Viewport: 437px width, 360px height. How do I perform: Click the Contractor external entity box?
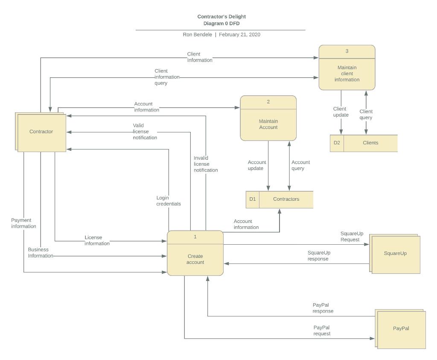[41, 132]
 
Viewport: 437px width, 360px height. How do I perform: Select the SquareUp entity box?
[396, 254]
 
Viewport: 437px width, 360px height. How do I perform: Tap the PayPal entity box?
[401, 329]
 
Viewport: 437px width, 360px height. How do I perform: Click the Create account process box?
[195, 259]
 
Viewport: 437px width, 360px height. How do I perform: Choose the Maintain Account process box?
[268, 124]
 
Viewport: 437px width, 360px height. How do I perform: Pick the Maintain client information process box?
[347, 73]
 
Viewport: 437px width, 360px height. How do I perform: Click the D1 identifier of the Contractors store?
[253, 199]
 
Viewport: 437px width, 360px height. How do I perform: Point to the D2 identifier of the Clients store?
[337, 143]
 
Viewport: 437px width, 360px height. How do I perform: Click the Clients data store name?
[370, 143]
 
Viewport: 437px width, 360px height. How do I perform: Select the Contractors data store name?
[286, 199]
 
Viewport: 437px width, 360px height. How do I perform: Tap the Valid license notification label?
[145, 132]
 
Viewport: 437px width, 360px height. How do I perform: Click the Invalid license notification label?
[205, 164]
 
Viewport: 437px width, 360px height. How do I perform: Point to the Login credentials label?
[168, 201]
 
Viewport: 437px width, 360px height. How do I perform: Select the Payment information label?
[23, 223]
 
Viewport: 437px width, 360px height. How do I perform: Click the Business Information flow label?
[41, 252]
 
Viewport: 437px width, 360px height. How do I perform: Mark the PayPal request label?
[322, 331]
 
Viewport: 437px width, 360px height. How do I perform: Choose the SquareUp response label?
[318, 256]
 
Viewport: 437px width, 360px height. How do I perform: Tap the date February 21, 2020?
[239, 35]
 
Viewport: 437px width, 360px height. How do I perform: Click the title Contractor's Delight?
[221, 17]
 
